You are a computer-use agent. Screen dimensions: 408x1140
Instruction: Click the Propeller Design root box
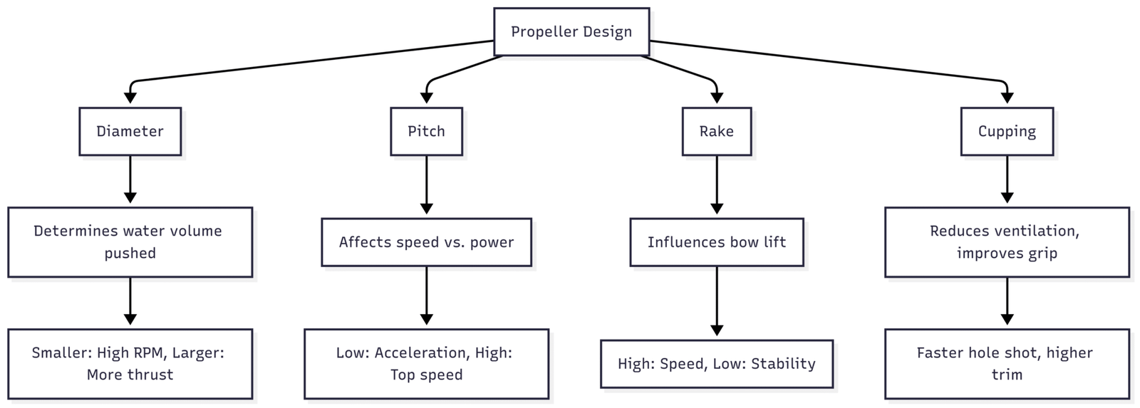pyautogui.click(x=571, y=32)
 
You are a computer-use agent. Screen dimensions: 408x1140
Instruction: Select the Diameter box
pyautogui.click(x=130, y=131)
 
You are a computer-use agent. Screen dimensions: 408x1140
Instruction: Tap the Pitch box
pyautogui.click(x=426, y=131)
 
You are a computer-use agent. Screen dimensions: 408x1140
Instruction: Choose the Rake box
pyautogui.click(x=716, y=131)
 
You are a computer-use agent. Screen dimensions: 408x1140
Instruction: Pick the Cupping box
pyautogui.click(x=1006, y=131)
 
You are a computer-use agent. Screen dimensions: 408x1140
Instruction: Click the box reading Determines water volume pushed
pyautogui.click(x=130, y=242)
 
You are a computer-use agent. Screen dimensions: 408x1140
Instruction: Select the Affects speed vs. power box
pyautogui.click(x=426, y=242)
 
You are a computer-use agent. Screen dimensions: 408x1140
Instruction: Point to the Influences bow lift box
pyautogui.click(x=716, y=242)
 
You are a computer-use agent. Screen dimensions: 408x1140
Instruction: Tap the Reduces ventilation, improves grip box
pyautogui.click(x=1006, y=242)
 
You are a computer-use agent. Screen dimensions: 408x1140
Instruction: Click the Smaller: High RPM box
pyautogui.click(x=130, y=363)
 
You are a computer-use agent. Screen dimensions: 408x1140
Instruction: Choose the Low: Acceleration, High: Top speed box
pyautogui.click(x=426, y=363)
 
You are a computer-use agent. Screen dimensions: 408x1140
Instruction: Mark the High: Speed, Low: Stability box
pyautogui.click(x=716, y=364)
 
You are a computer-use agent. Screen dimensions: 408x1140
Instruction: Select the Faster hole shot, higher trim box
pyautogui.click(x=1006, y=363)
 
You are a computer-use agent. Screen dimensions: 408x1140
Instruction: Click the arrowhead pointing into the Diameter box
pyautogui.click(x=130, y=98)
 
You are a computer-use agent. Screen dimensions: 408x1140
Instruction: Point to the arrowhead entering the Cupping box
pyautogui.click(x=1006, y=98)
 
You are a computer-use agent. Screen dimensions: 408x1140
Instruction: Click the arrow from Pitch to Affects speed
pyautogui.click(x=426, y=185)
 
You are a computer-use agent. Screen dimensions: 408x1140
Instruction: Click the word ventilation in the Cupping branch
pyautogui.click(x=1040, y=231)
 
